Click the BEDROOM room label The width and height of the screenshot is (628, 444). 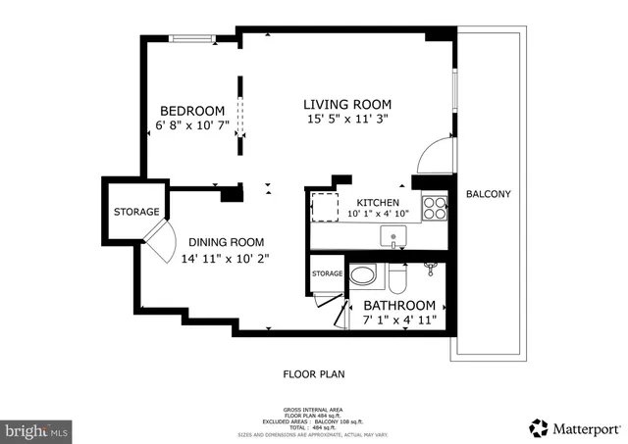coord(192,111)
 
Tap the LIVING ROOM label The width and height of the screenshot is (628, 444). coord(346,104)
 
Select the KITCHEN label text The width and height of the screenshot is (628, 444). coord(378,203)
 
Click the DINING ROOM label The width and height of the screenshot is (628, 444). coord(227,242)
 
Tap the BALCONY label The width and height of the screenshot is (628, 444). coord(488,194)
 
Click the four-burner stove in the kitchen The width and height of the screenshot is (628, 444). coord(434,207)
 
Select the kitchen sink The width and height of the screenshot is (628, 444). coord(393,236)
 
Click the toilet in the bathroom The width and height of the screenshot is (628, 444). coord(396,279)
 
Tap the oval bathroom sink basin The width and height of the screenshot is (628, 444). coord(363,275)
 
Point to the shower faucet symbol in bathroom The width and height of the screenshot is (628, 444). coord(430,266)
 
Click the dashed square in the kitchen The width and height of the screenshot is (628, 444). coord(325,208)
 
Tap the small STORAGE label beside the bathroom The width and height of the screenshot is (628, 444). coord(328,273)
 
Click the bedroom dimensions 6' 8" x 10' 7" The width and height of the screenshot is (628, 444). coord(192,125)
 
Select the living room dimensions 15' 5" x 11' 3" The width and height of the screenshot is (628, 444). coord(346,120)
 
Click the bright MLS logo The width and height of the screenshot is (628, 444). coord(37,429)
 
